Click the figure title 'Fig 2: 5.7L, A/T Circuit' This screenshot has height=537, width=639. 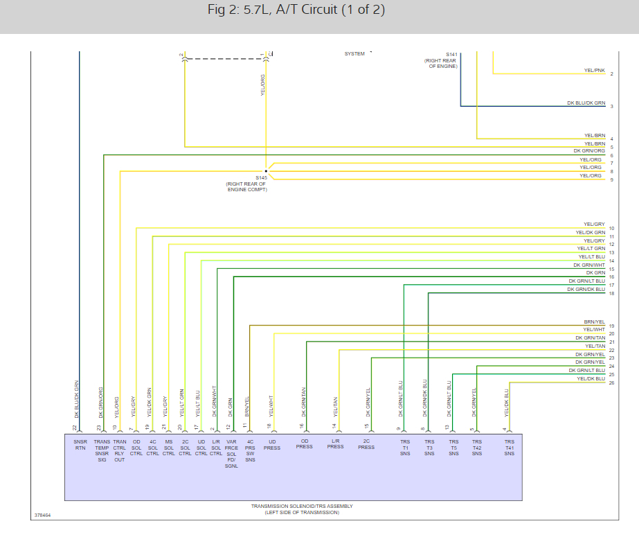point(296,10)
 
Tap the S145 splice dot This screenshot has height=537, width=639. point(266,171)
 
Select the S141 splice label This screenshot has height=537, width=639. point(451,54)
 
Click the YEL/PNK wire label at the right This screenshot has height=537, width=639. point(595,71)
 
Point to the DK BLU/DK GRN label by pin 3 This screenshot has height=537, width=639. point(586,103)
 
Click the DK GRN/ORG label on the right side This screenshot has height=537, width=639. point(589,151)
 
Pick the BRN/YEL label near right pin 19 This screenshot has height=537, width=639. point(594,322)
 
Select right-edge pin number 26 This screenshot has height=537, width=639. point(611,382)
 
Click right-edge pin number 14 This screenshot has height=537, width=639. point(611,261)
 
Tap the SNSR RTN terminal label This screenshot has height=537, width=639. point(80,443)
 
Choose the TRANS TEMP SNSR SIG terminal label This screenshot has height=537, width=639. point(102,450)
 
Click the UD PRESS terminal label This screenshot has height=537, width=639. point(272,444)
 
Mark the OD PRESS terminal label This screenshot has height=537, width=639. point(304,443)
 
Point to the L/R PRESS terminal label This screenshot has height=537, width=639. point(335,443)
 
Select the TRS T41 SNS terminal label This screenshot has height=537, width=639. point(509,447)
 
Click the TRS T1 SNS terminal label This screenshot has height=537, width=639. point(404,447)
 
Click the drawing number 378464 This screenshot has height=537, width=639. point(42,516)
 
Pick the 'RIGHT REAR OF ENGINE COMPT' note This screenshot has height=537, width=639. point(246,186)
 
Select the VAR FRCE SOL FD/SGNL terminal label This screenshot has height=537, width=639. point(231,453)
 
